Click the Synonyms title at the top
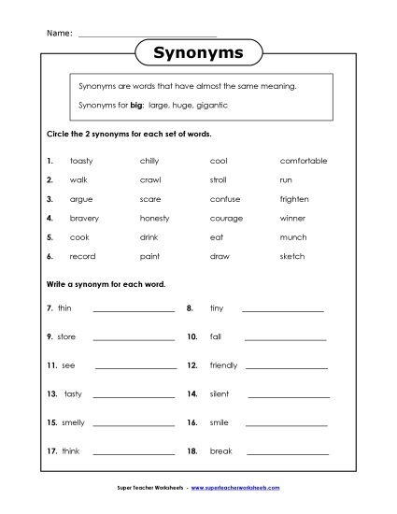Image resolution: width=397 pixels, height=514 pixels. coord(198,53)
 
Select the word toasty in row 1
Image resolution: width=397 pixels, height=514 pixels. coord(81,161)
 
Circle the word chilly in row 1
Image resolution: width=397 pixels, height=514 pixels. coord(149,161)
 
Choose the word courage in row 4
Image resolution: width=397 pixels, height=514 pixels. coord(225,218)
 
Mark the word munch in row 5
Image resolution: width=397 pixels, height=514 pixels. coord(292,237)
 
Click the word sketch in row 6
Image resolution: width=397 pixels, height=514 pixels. coord(292,256)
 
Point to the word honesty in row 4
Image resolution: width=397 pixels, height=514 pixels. coord(154,218)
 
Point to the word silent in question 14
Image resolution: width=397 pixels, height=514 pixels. coord(219,393)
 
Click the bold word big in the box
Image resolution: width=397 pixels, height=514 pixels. coord(121,106)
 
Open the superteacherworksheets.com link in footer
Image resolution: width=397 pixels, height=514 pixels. coord(235,488)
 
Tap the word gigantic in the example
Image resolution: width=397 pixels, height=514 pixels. coord(211,106)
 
